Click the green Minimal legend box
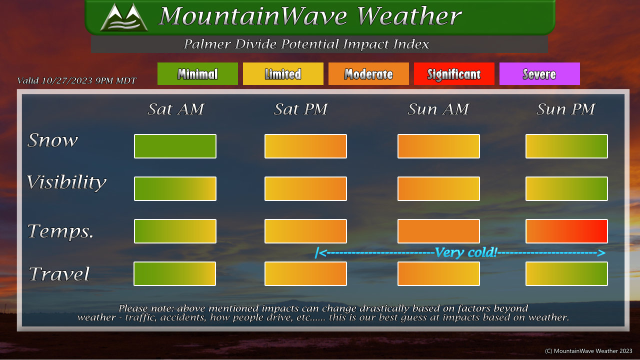[197, 73]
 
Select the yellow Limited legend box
[283, 73]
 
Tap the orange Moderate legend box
[368, 73]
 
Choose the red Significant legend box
[454, 73]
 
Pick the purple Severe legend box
[539, 73]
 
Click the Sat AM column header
[175, 109]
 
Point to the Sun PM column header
[565, 109]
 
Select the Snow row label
[52, 140]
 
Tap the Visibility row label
[66, 182]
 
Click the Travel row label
[59, 273]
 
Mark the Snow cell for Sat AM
[175, 146]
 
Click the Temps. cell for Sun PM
[566, 231]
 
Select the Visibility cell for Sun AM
[438, 188]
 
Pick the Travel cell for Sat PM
[305, 273]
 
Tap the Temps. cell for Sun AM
[438, 231]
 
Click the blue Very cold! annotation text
[466, 252]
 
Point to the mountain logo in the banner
[124, 17]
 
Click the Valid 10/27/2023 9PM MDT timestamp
[76, 80]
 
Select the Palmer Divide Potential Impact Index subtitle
[306, 44]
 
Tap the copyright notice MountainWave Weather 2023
[588, 351]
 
